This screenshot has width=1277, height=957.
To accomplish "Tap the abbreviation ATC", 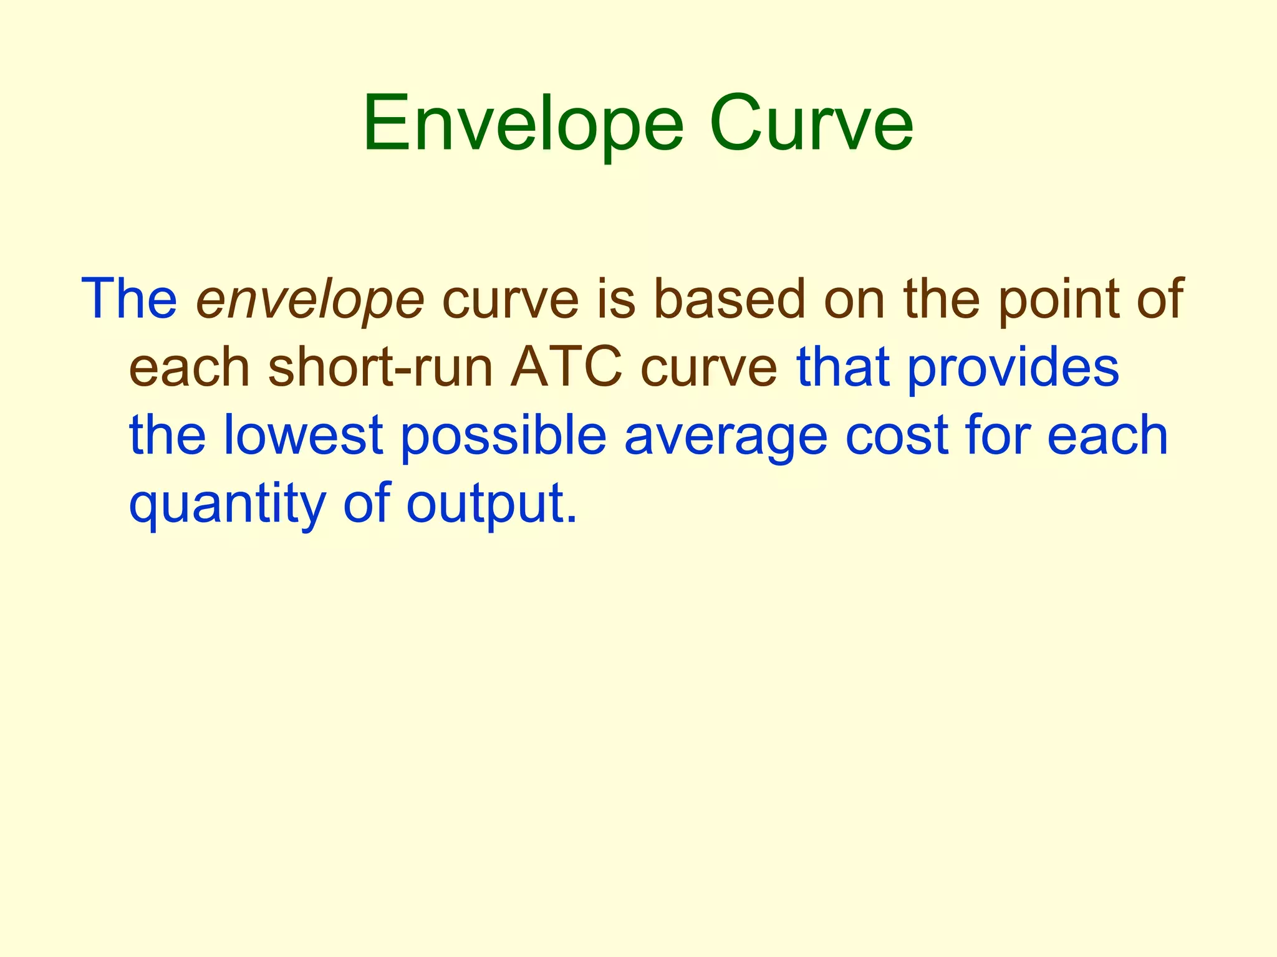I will click(566, 368).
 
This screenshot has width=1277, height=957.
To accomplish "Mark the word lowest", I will click(302, 436).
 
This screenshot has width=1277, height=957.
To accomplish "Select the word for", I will click(996, 436).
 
